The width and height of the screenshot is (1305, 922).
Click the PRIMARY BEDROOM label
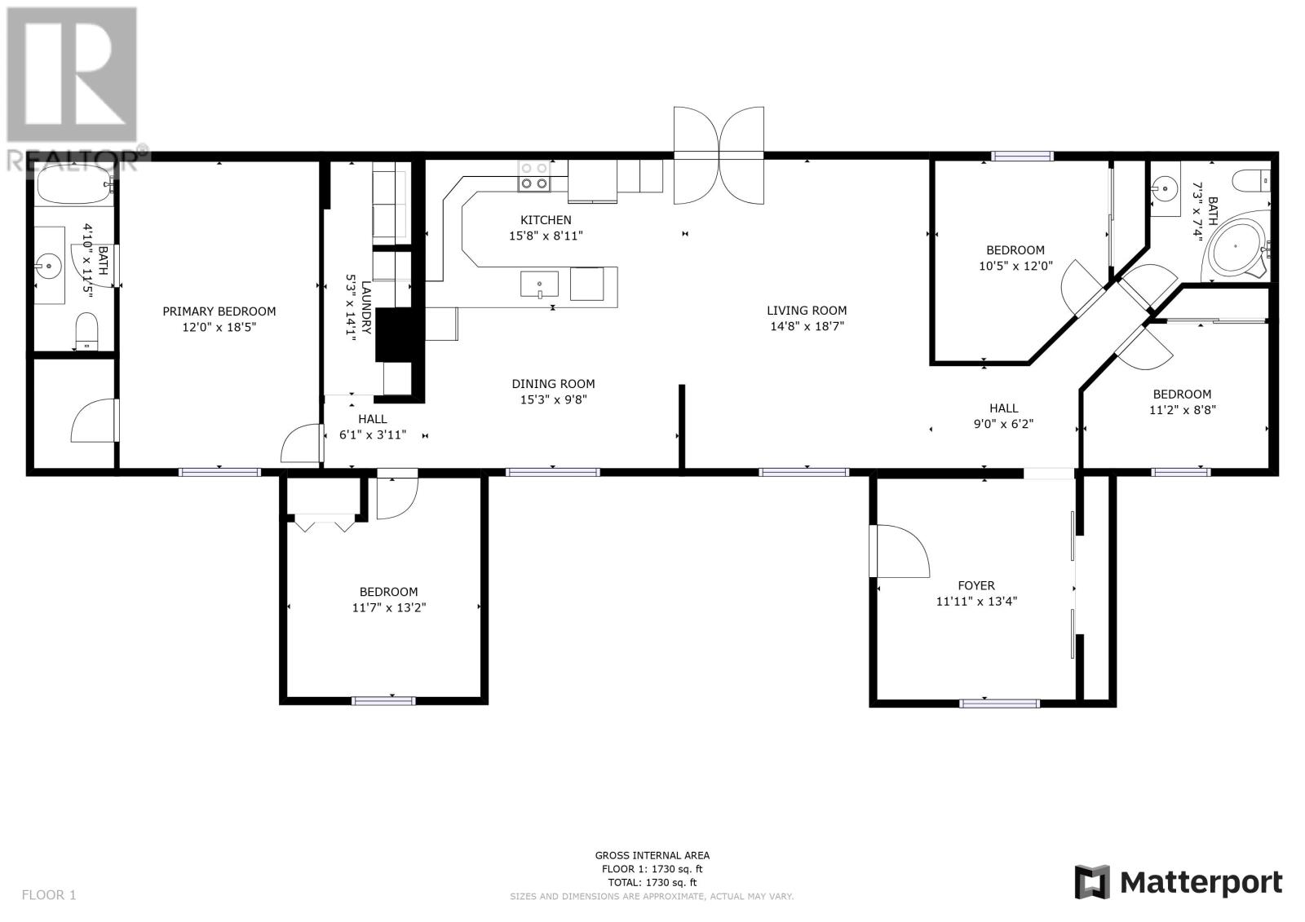(219, 311)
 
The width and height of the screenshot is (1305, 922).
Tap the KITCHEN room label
(546, 220)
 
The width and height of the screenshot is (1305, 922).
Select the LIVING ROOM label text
(807, 311)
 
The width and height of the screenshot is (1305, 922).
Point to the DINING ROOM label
(554, 384)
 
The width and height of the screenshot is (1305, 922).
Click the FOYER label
(976, 586)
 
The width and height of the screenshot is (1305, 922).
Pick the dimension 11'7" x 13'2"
(389, 608)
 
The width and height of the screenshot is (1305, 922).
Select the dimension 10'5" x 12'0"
(1016, 267)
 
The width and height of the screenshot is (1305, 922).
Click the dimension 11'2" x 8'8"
(1183, 410)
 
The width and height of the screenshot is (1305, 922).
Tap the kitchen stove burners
(534, 176)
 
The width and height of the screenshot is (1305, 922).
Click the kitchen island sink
(539, 285)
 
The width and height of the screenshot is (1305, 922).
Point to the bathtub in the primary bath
(74, 183)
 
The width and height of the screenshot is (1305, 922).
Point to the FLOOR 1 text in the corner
(49, 895)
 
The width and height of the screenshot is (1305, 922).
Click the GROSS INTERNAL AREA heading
(652, 856)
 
